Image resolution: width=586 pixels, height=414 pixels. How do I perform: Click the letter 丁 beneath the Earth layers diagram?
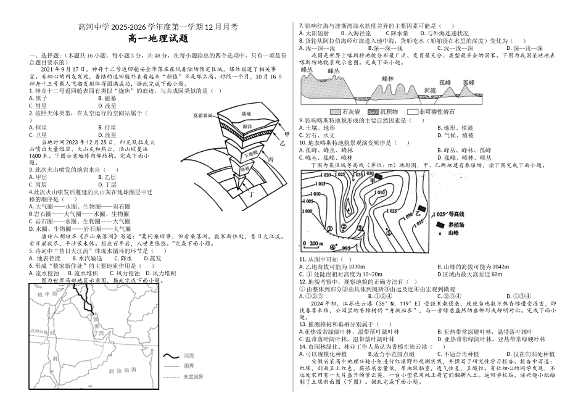pos(251,194)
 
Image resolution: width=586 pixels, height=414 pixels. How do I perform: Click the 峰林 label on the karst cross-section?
pos(388,79)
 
